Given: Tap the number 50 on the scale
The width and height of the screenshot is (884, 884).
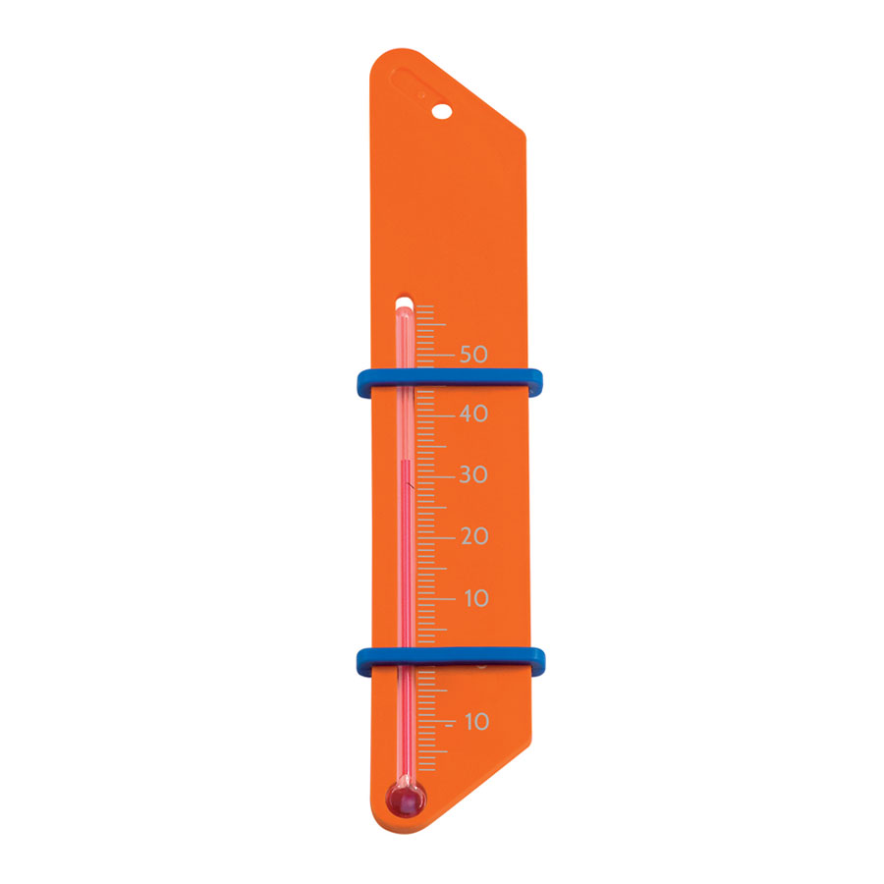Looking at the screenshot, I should [473, 354].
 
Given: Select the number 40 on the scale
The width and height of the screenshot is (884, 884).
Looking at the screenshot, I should [473, 414].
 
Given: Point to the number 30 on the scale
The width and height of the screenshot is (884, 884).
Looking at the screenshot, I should [473, 475].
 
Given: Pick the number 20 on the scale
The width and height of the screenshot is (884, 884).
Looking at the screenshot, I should [473, 536].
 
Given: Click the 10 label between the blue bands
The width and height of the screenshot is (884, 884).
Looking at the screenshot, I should [474, 598].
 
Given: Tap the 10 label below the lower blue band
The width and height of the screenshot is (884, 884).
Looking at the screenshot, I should [475, 722].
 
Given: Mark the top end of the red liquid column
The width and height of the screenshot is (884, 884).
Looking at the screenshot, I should [404, 458].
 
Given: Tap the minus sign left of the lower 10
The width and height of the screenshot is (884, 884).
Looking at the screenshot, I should [450, 723].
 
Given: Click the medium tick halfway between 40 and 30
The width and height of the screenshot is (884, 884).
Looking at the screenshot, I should [432, 445].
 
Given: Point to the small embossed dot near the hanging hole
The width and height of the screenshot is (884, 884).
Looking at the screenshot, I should [420, 95].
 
